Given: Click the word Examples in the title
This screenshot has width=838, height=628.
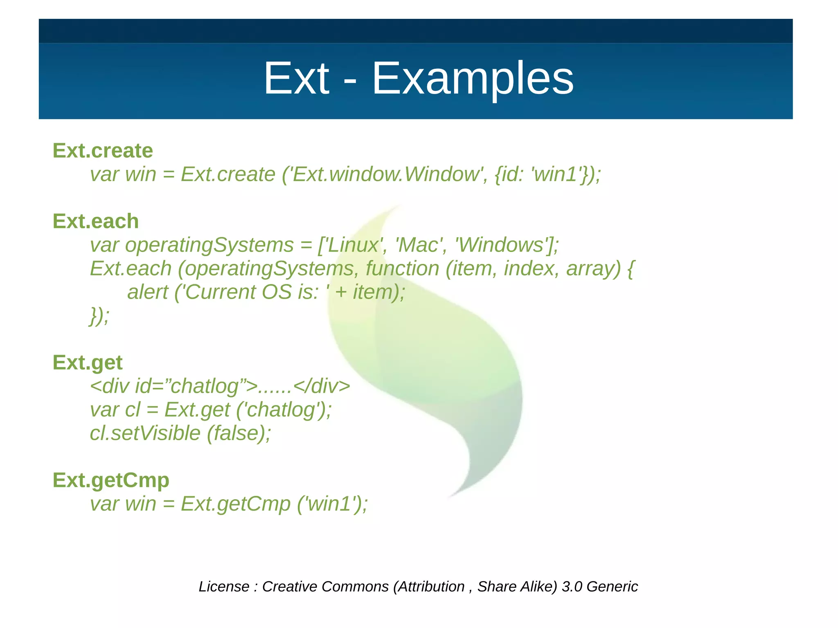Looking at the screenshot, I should (473, 79).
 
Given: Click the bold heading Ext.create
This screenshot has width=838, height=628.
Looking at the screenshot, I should (103, 151).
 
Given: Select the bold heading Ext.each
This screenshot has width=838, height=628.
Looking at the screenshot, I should (96, 221).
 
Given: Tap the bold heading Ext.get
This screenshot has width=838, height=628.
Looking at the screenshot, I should (88, 362).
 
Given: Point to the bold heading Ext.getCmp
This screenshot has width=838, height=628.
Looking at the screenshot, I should (111, 480).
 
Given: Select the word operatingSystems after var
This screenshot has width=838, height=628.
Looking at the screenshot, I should (209, 245).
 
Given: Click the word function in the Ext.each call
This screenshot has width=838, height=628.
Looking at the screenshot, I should (402, 269).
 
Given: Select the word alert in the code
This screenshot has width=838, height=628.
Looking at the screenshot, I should (147, 292).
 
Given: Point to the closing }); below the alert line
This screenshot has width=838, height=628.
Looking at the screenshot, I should (99, 315).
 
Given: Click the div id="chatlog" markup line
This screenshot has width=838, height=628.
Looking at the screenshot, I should (220, 386).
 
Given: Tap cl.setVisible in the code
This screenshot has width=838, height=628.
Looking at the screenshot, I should (145, 433).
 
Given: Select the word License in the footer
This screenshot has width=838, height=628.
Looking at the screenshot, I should (224, 586).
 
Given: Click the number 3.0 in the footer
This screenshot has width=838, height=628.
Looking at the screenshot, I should (572, 586).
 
